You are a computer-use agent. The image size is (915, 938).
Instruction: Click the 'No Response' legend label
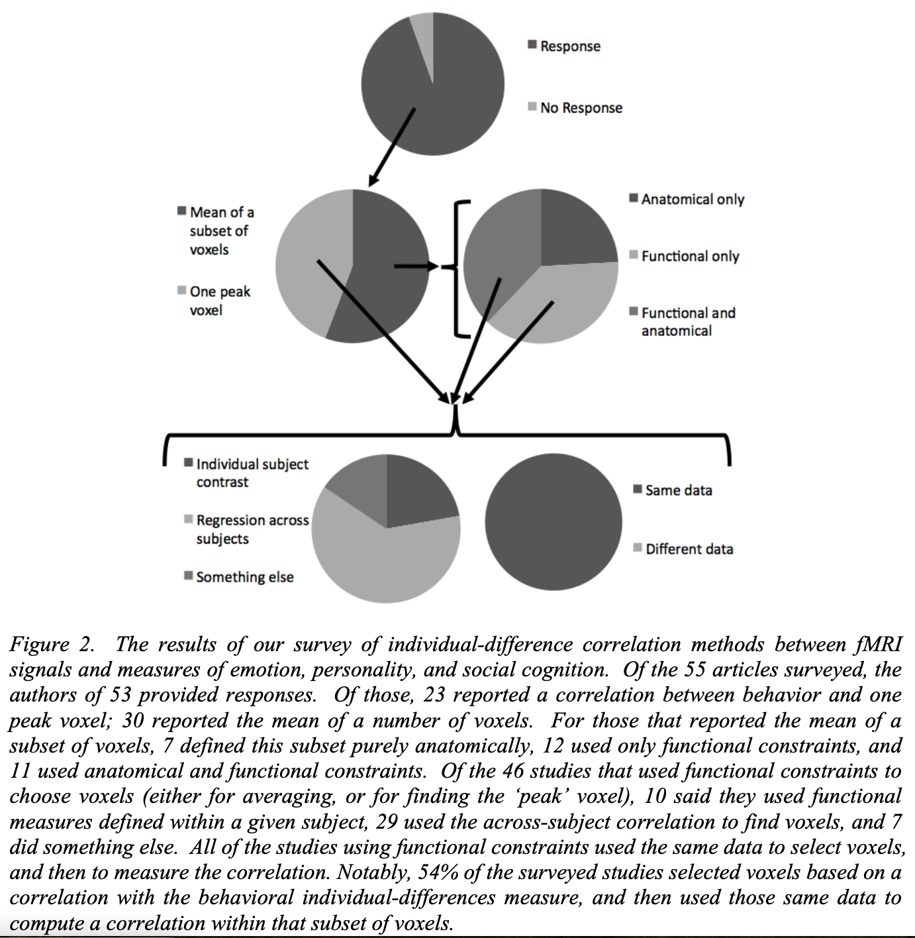pyautogui.click(x=581, y=108)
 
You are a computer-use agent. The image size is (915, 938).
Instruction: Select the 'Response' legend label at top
pyautogui.click(x=569, y=46)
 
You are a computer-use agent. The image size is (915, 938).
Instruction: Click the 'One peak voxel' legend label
pyautogui.click(x=219, y=301)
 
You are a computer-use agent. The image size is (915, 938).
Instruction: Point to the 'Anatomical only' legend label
pyautogui.click(x=692, y=199)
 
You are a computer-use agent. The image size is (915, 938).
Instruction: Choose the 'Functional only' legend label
pyautogui.click(x=689, y=256)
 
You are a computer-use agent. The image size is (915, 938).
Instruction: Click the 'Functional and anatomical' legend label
pyautogui.click(x=687, y=322)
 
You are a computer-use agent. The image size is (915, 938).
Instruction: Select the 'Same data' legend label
pyautogui.click(x=678, y=491)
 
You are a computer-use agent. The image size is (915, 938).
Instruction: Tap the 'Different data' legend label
pyautogui.click(x=689, y=549)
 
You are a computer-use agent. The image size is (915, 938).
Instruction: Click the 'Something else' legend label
pyautogui.click(x=244, y=577)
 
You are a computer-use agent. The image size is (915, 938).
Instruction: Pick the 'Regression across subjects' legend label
pyautogui.click(x=252, y=529)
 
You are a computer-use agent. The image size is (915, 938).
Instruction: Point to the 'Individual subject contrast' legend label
pyautogui.click(x=252, y=473)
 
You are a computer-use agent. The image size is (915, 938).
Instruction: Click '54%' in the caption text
pyautogui.click(x=438, y=872)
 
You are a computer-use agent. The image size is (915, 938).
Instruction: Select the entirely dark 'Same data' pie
pyautogui.click(x=553, y=522)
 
